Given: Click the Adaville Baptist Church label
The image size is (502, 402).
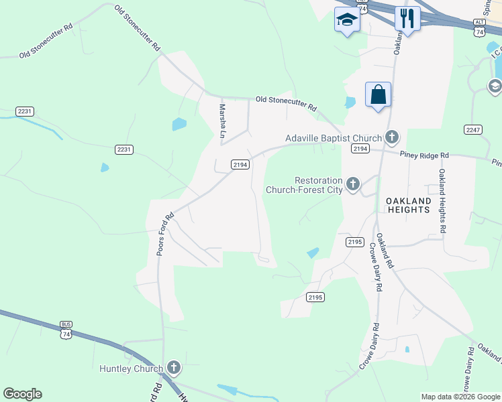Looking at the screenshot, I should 334,138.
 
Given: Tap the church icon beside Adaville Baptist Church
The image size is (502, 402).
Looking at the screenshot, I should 392,138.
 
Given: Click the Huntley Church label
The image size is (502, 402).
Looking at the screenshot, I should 131,368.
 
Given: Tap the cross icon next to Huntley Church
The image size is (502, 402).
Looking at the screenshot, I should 174,367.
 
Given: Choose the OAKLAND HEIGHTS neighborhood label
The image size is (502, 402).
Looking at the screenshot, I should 407,205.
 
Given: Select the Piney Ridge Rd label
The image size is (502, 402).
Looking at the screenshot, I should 424,155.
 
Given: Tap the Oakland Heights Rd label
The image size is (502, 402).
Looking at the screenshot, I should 443,200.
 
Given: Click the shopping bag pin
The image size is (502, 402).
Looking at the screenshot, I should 379,94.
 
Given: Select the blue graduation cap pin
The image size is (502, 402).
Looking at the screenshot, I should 347,19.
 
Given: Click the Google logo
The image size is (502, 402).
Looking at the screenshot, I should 22,394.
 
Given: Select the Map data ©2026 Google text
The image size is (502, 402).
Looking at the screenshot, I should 460,397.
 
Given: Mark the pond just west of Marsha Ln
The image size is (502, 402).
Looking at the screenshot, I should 179,124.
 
